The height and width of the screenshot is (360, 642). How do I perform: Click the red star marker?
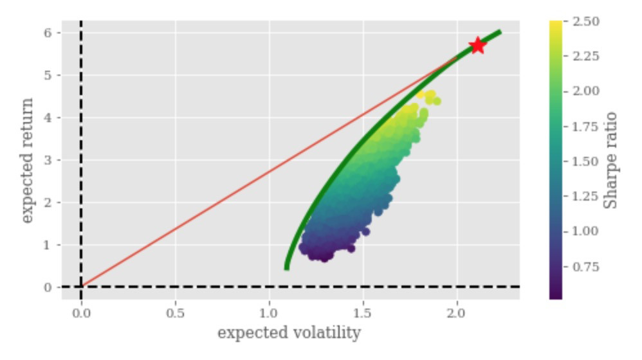pos(477,45)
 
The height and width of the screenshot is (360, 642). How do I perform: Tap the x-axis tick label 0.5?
pos(175,315)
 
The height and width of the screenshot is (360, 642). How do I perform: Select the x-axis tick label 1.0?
pos(269,315)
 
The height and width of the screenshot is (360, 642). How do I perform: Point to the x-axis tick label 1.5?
pos(363,315)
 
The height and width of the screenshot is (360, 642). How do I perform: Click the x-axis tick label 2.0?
pos(457,315)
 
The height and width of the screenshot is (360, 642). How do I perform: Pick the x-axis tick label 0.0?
pos(81,315)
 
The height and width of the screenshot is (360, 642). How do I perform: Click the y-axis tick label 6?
pos(48,33)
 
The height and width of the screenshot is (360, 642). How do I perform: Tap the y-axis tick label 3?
pos(48,160)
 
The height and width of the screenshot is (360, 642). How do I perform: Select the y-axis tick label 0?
pos(48,287)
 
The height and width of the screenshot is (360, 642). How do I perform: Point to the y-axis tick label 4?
pos(48,118)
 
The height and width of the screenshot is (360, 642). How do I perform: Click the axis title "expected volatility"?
pos(289,334)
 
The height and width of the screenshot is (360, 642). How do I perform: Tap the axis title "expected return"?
pos(26,161)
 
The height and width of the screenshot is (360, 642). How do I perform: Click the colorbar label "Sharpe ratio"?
pos(612,160)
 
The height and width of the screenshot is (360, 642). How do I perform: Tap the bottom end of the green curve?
pos(286,267)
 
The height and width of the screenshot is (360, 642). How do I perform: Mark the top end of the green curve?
pos(499,32)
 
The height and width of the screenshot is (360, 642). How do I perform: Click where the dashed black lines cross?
pos(81,287)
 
